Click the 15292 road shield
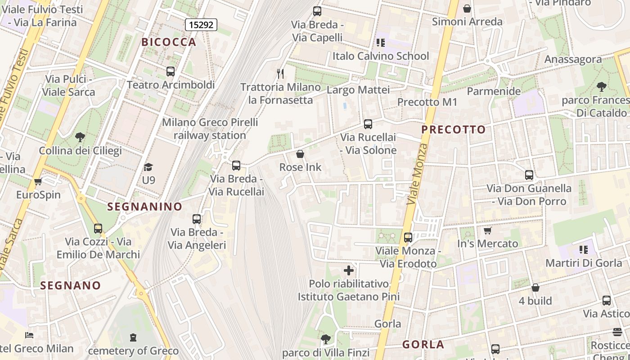click(x=201, y=25)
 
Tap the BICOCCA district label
click(x=169, y=42)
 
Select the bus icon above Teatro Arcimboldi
click(x=171, y=71)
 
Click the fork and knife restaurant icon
click(x=280, y=73)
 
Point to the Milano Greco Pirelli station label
click(x=210, y=129)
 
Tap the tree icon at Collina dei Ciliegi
click(x=80, y=137)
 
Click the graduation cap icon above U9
click(x=148, y=167)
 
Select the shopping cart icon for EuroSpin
click(x=38, y=182)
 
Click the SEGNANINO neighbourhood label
click(x=144, y=207)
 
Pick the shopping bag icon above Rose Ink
click(x=300, y=154)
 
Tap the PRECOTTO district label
click(x=454, y=130)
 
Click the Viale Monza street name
click(x=417, y=174)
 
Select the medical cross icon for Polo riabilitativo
click(x=349, y=270)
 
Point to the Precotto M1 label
click(x=427, y=102)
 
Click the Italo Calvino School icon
click(x=381, y=43)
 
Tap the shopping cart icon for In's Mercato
click(x=487, y=231)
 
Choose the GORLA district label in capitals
click(x=423, y=345)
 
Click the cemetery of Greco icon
click(x=133, y=337)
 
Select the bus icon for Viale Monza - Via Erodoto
click(x=408, y=237)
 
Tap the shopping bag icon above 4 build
click(x=535, y=288)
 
